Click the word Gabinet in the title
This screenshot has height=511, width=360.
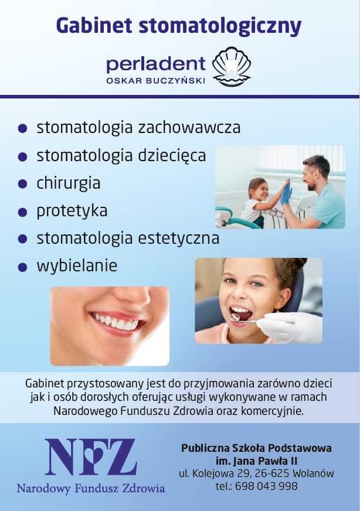pyautogui.click(x=94, y=26)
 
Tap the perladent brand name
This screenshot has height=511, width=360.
pyautogui.click(x=156, y=64)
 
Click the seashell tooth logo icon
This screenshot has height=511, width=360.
pyautogui.click(x=232, y=66)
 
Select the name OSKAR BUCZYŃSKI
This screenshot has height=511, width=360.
pyautogui.click(x=155, y=80)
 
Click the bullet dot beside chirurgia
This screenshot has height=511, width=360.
pyautogui.click(x=22, y=184)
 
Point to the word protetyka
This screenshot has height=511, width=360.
pyautogui.click(x=72, y=211)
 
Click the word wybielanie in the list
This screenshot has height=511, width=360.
pyautogui.click(x=77, y=265)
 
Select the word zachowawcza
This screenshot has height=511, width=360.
pyautogui.click(x=189, y=127)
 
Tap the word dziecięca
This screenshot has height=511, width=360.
pyautogui.click(x=172, y=156)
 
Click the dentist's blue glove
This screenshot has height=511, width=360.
pyautogui.click(x=286, y=193)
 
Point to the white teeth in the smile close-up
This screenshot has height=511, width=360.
pyautogui.click(x=116, y=322)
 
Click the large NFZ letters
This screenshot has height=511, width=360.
pyautogui.click(x=91, y=457)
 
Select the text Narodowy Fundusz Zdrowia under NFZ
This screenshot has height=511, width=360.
pyautogui.click(x=91, y=489)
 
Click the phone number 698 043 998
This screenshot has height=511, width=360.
pyautogui.click(x=266, y=486)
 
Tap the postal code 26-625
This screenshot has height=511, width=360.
pyautogui.click(x=272, y=473)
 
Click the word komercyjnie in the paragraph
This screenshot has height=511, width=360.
pyautogui.click(x=272, y=411)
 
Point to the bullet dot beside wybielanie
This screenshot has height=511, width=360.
pyautogui.click(x=22, y=267)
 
